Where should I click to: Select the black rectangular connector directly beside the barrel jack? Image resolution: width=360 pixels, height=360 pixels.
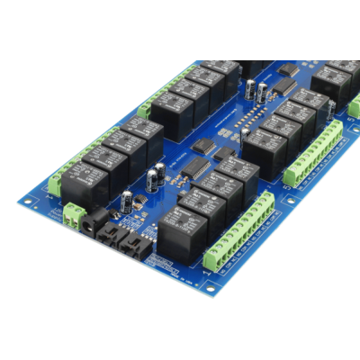coord(111,237)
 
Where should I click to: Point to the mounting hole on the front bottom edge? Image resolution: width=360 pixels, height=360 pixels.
coord(210,289)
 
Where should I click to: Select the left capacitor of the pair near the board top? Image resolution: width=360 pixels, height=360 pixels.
coord(249,88)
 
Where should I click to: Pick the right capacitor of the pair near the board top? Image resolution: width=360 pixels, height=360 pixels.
coord(261,91)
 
